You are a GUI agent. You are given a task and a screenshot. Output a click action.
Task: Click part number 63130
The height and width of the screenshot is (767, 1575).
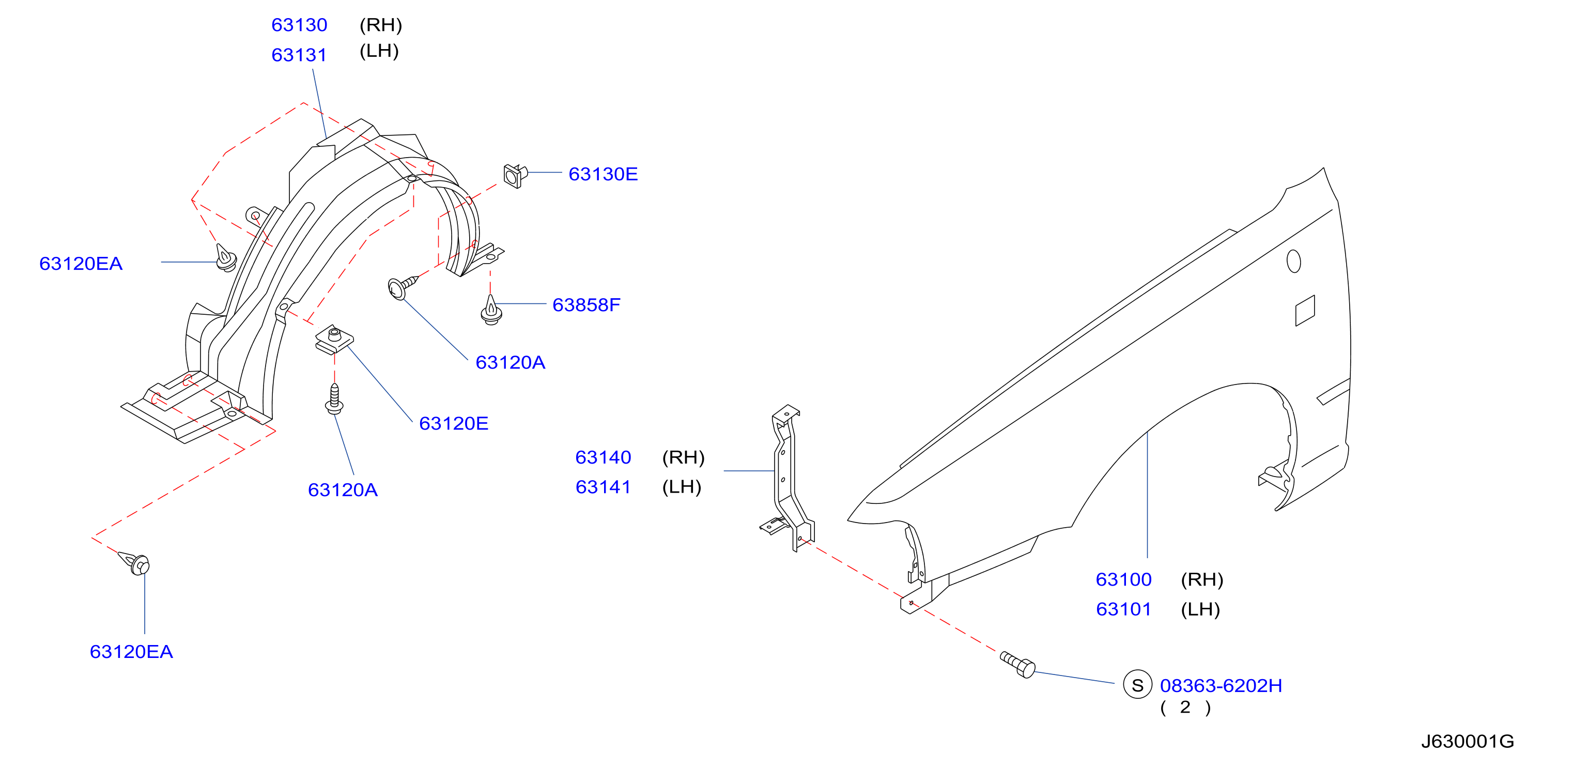pyautogui.click(x=299, y=25)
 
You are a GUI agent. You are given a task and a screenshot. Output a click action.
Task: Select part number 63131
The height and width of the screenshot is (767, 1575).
pyautogui.click(x=299, y=55)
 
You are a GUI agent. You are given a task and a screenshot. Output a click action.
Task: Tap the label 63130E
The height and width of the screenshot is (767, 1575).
pyautogui.click(x=603, y=174)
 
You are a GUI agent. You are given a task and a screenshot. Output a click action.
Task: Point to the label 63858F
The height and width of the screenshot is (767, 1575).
pyautogui.click(x=586, y=305)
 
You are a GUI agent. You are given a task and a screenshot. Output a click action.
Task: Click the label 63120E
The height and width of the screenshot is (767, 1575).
pyautogui.click(x=454, y=424)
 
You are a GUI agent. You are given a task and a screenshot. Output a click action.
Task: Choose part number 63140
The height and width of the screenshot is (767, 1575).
pyautogui.click(x=603, y=457)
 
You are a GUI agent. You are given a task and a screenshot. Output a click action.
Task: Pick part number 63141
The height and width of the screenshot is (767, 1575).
pyautogui.click(x=603, y=487)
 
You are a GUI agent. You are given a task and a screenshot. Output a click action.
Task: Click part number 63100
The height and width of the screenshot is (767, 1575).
pyautogui.click(x=1124, y=580)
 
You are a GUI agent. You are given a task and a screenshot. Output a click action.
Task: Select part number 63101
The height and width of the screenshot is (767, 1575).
pyautogui.click(x=1124, y=610)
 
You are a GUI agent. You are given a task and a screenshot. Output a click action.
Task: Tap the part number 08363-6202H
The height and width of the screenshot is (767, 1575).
pyautogui.click(x=1221, y=686)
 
